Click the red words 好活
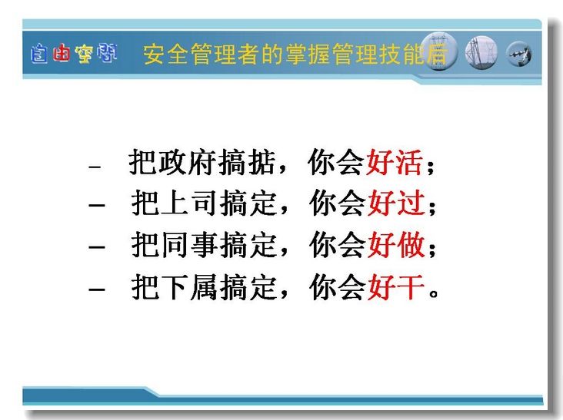click(x=394, y=162)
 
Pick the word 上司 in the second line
click(x=189, y=203)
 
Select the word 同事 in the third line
click(x=189, y=245)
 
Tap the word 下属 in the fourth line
click(x=189, y=286)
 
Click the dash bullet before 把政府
click(x=95, y=167)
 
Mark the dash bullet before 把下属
click(x=97, y=289)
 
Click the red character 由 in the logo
click(x=61, y=53)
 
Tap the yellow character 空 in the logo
click(x=84, y=54)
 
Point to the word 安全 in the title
click(x=166, y=54)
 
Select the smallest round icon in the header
click(x=518, y=54)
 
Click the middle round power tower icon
click(x=481, y=53)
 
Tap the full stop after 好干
click(x=434, y=293)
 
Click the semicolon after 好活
click(x=430, y=167)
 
